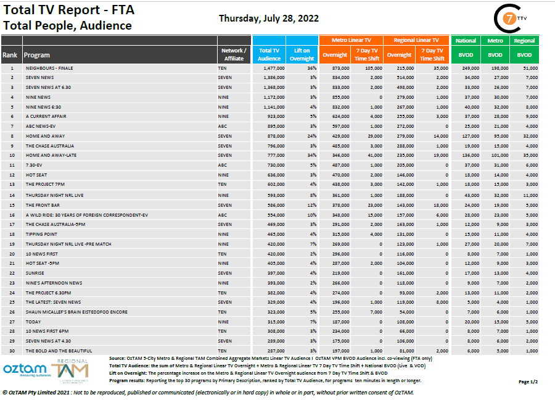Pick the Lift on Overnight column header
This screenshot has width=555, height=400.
[x=302, y=54]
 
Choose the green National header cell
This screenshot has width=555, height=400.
[x=466, y=40]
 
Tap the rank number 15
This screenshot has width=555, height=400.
[x=11, y=204]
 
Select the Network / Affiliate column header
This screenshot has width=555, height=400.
[x=234, y=54]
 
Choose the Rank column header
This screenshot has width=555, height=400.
[x=10, y=55]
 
